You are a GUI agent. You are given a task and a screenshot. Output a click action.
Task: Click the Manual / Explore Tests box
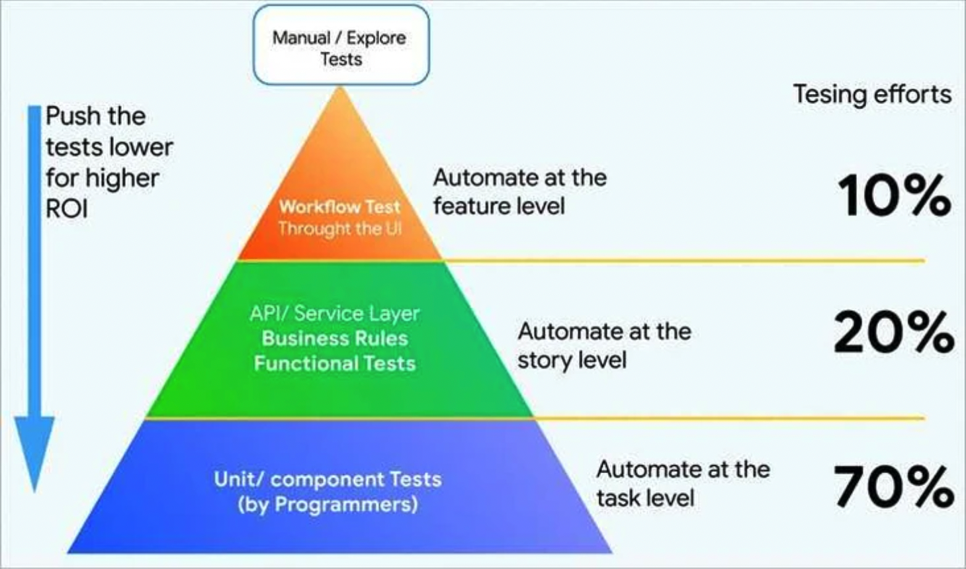341,45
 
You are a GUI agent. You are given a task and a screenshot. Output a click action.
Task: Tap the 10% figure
894,197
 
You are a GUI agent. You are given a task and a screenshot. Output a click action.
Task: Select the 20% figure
894,333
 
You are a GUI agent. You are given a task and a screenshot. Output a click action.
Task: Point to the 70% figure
894,487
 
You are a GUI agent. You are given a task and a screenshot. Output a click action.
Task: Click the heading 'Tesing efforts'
872,94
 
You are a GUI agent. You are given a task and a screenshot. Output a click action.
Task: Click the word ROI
67,209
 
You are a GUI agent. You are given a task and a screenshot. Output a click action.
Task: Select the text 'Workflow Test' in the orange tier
339,206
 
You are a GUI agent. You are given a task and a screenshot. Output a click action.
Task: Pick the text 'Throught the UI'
339,228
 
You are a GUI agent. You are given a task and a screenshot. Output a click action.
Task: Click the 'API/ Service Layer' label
335,313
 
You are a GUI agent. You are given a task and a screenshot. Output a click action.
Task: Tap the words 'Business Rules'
335,338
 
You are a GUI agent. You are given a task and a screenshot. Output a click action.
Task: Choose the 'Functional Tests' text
335,363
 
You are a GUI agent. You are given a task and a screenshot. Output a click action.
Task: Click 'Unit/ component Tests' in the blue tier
328,479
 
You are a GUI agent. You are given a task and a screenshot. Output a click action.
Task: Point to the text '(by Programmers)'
328,504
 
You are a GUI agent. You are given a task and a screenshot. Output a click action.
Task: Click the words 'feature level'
499,206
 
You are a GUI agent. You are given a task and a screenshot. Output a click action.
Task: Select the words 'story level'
572,360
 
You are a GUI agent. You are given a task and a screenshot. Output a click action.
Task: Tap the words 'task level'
645,498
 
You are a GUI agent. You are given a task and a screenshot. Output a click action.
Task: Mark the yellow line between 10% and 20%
681,261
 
